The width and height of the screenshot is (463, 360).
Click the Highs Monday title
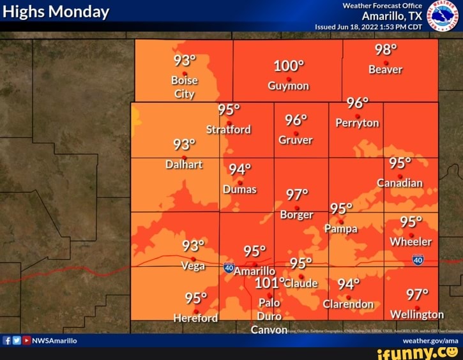point(56,12)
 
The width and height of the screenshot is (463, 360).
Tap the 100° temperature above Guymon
point(289,67)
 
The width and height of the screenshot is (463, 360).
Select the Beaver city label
point(385,70)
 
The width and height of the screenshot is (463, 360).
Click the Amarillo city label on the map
point(254,271)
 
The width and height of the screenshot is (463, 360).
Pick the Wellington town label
point(416,315)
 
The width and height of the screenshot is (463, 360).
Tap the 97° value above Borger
point(297,193)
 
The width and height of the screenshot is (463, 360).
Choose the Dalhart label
point(184,164)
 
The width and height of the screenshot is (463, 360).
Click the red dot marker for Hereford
point(196,311)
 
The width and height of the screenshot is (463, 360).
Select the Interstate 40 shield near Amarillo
point(229,267)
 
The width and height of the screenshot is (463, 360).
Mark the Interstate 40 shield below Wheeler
point(418,260)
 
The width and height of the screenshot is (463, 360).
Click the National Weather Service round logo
point(443,15)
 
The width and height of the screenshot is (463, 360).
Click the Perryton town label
point(357,123)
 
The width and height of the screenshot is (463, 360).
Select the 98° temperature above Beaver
point(386,50)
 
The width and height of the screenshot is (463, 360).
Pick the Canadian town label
point(400,183)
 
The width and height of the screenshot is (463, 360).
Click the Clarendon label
point(348,304)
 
